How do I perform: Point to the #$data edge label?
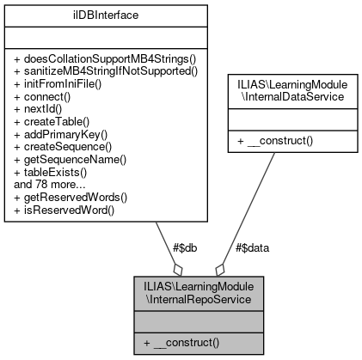(x=252, y=247)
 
